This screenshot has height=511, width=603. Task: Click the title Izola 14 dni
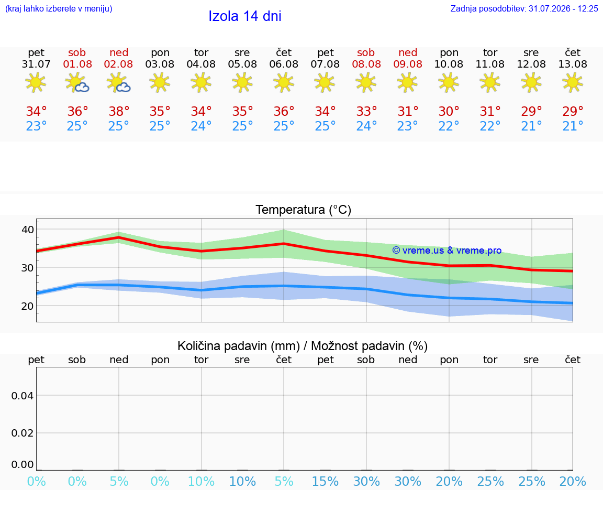(x=245, y=16)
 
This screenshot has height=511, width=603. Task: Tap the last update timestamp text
(x=524, y=8)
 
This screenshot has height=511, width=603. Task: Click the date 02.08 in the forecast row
(x=118, y=64)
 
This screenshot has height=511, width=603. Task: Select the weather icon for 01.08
(x=77, y=83)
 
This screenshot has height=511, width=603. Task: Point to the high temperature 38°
(x=119, y=111)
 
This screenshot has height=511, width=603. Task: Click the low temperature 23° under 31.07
(x=36, y=126)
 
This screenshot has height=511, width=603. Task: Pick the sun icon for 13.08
(x=573, y=83)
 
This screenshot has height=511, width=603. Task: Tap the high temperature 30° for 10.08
(x=449, y=111)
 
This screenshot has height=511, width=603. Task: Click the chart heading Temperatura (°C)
(x=304, y=210)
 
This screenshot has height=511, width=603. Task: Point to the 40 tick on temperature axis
(x=28, y=230)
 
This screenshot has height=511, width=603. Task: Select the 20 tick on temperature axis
(x=28, y=306)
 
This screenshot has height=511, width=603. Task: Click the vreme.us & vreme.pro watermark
(x=447, y=251)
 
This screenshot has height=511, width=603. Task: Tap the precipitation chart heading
(x=302, y=346)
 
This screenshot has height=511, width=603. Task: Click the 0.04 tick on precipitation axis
(x=23, y=396)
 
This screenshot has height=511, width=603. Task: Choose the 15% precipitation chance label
(x=326, y=481)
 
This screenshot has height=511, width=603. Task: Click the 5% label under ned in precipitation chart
(x=119, y=481)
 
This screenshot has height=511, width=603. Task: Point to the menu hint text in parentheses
(x=59, y=8)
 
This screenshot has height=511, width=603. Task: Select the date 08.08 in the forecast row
(x=366, y=64)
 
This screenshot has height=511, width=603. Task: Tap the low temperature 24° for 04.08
(x=201, y=126)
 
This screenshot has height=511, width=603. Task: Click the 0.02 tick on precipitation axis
(x=23, y=433)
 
